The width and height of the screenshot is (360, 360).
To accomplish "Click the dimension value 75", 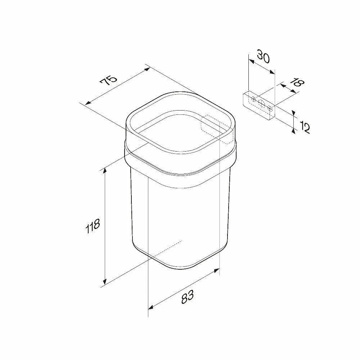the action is [x=108, y=80].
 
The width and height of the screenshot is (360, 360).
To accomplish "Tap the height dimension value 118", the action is [x=93, y=226].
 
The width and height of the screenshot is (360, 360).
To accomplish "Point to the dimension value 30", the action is [x=263, y=56].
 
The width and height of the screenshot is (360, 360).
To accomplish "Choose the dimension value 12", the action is [x=305, y=128].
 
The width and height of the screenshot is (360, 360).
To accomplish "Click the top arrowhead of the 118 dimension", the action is [x=105, y=171].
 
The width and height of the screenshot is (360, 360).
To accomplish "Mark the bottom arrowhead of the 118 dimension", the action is [x=105, y=281].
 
